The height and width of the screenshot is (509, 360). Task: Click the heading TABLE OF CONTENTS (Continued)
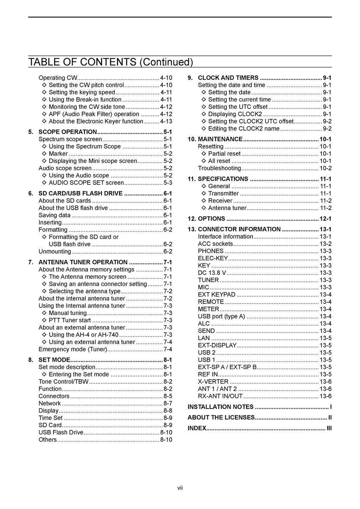110,62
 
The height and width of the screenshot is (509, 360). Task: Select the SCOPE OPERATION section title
67,132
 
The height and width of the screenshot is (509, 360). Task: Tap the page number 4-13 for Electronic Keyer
166,122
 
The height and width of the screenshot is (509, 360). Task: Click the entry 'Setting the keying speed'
82,92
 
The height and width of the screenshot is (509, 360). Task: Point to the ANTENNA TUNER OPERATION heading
83,262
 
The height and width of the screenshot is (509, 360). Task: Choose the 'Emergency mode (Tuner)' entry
73,349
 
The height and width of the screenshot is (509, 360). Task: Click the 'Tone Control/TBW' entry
64,381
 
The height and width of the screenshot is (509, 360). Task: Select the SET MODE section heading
54,360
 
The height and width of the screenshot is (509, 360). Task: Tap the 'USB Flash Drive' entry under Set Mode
61,432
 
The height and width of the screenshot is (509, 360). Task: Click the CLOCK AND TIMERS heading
228,78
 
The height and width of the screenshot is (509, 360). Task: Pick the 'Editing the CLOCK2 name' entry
244,129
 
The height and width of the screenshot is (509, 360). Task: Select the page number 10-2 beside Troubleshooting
325,168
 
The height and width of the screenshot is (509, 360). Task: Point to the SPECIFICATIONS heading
223,179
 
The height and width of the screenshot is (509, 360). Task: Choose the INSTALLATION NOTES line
220,407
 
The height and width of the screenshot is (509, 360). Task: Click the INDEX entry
197,428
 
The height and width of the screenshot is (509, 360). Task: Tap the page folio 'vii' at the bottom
180,488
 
